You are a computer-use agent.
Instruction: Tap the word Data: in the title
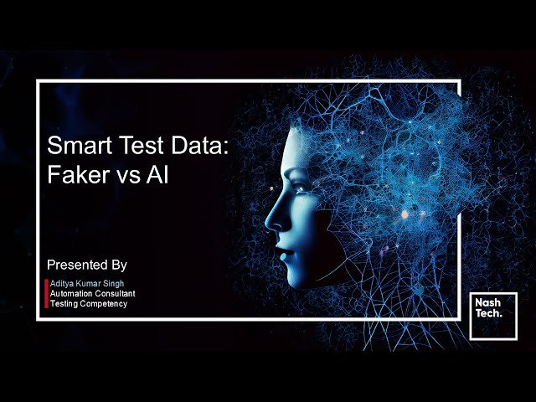tap(199, 147)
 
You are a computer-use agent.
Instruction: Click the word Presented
tap(79, 265)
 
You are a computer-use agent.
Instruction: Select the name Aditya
tap(63, 284)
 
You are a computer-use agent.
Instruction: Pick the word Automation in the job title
tap(71, 294)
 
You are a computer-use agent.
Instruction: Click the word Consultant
tap(115, 294)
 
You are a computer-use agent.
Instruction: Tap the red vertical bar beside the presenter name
tap(46, 294)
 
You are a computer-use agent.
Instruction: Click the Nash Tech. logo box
tap(492, 316)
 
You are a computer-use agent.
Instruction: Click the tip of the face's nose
tap(269, 224)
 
